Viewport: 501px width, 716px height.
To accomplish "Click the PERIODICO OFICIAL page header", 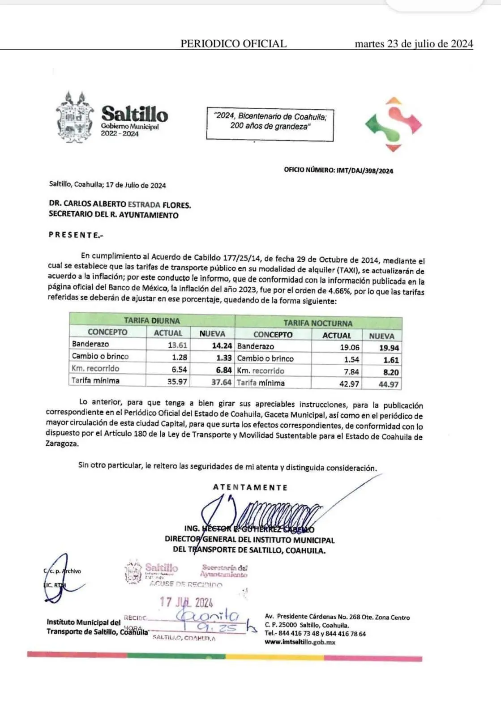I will (x=233, y=43).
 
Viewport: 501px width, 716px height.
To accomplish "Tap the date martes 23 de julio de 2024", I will (x=413, y=43).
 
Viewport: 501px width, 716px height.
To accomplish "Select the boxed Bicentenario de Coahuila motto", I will (x=270, y=121).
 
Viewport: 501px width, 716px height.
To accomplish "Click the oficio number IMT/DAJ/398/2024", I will (x=364, y=170).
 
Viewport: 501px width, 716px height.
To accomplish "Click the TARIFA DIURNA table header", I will (x=152, y=320).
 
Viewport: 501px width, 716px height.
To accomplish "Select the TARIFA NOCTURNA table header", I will (x=318, y=323).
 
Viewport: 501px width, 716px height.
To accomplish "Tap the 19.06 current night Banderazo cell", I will (x=349, y=347).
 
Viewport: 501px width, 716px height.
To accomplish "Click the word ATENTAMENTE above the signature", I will (x=250, y=487).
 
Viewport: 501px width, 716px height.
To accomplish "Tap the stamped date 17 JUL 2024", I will (x=186, y=602).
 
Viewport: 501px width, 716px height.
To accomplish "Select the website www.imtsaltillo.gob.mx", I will (x=300, y=642).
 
